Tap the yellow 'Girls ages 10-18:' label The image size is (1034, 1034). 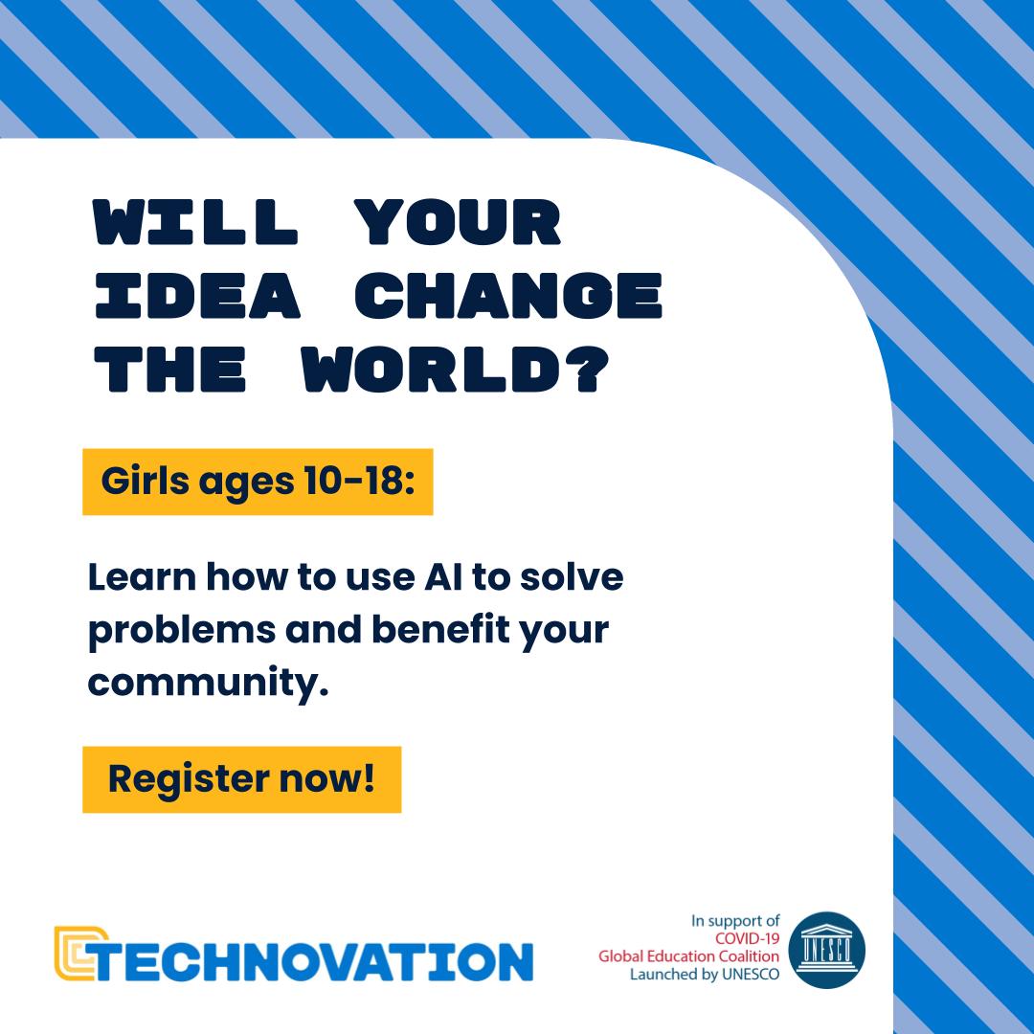point(258,482)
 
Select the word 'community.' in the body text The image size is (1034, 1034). point(208,686)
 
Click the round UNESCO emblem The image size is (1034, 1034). point(826,950)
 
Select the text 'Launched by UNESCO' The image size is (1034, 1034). point(705,975)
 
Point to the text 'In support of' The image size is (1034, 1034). point(735,921)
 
